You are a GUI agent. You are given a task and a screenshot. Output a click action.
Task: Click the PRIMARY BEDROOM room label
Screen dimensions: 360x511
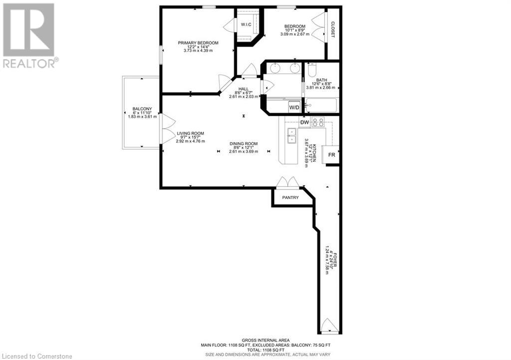click(198, 43)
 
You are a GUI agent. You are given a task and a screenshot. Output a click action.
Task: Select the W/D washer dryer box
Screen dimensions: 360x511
click(294, 107)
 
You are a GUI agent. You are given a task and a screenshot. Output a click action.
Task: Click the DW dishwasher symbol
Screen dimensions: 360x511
click(304, 122)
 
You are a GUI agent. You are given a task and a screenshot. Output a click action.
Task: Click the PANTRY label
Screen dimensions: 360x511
click(290, 197)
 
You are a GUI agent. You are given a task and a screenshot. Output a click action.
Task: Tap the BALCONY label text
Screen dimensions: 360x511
click(142, 109)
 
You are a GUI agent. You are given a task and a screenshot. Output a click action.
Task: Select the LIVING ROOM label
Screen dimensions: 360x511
click(191, 133)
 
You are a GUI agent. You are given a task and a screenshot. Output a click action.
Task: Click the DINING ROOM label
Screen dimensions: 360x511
click(244, 144)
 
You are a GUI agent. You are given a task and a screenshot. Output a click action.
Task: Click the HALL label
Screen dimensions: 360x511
click(244, 89)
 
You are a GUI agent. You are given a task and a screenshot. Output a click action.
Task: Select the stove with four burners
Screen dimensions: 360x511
click(318, 122)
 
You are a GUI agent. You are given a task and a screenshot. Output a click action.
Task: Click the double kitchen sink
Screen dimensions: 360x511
click(291, 136)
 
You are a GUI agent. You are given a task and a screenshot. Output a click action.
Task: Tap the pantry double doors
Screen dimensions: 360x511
click(288, 182)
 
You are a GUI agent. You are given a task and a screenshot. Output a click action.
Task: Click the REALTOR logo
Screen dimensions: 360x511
click(28, 35)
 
